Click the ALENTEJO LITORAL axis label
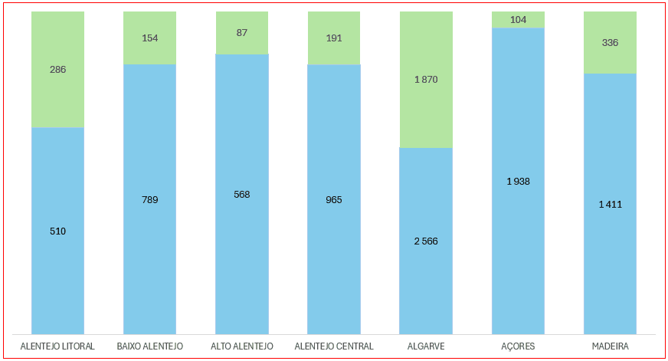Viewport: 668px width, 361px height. (x=57, y=346)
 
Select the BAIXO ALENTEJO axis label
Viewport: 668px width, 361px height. (x=150, y=346)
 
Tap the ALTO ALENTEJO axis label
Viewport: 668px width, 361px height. (x=242, y=346)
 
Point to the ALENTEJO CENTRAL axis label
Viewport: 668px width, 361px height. (x=334, y=346)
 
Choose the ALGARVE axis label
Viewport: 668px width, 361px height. (x=426, y=346)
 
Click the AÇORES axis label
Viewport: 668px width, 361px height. (x=518, y=346)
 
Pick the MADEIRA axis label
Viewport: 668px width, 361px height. (x=610, y=346)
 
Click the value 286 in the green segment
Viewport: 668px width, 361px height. (x=57, y=70)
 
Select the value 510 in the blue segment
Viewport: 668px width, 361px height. (x=57, y=231)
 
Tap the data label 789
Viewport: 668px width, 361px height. (x=150, y=200)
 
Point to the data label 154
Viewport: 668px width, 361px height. (x=150, y=38)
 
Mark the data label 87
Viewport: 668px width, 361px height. (x=242, y=33)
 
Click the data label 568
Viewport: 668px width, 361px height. (x=242, y=195)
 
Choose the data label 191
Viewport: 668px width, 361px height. (x=334, y=38)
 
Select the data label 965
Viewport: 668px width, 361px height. (x=334, y=200)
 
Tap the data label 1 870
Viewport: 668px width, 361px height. (x=426, y=80)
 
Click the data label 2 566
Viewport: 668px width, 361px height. (x=426, y=241)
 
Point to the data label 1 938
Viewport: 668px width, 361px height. (x=518, y=182)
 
